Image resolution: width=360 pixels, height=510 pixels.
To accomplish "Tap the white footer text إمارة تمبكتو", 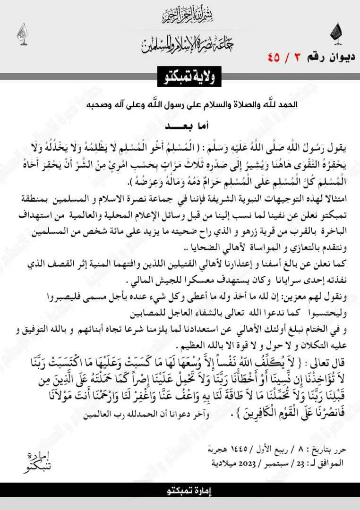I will (x=180, y=490).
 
